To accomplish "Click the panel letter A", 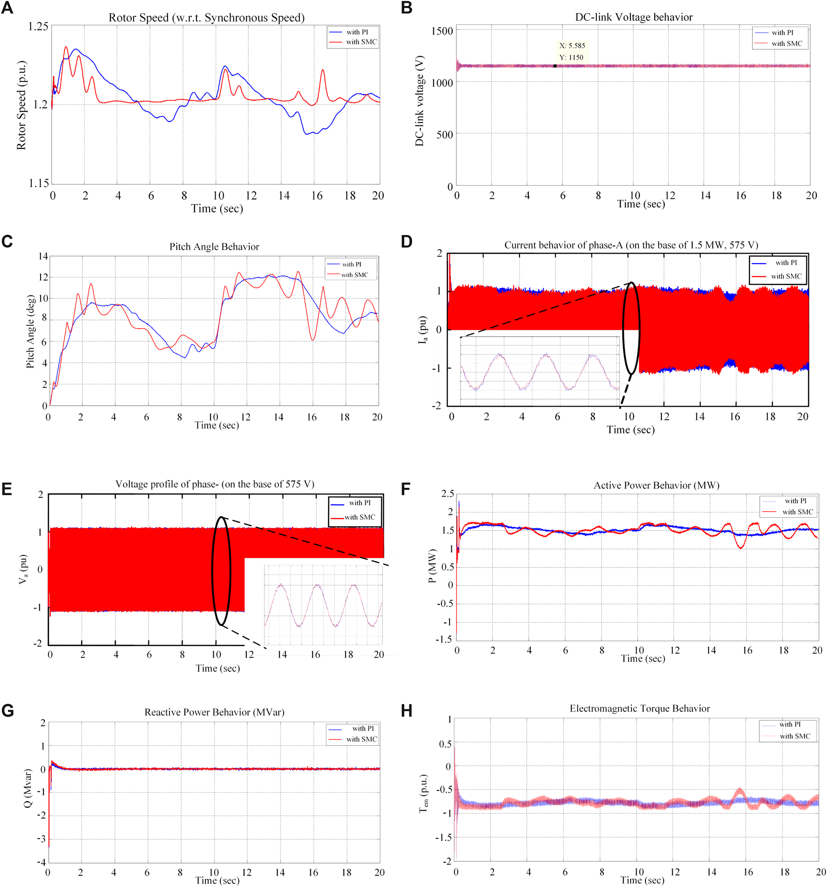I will pyautogui.click(x=7, y=8).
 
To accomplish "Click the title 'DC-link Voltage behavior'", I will pyautogui.click(x=633, y=17).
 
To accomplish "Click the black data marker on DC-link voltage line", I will pyautogui.click(x=555, y=66).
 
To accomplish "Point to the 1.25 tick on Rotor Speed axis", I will pyautogui.click(x=38, y=27).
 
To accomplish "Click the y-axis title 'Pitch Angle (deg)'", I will pyautogui.click(x=30, y=332).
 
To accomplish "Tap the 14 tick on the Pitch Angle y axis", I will pyautogui.click(x=43, y=256).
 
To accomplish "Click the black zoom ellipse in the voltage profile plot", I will pyautogui.click(x=221, y=571).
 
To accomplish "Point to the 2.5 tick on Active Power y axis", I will pyautogui.click(x=448, y=493).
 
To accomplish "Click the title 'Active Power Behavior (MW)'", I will pyautogui.click(x=656, y=485).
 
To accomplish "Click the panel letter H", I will pyautogui.click(x=406, y=711).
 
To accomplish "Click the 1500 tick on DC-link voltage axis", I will pyautogui.click(x=442, y=31).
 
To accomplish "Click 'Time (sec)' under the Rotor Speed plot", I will pyautogui.click(x=217, y=208).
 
